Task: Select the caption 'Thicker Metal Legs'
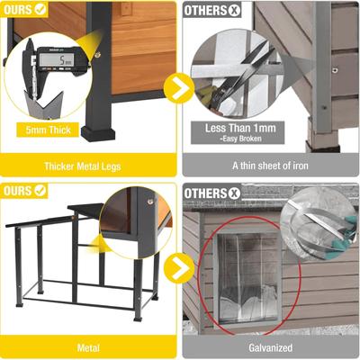[x=90, y=166]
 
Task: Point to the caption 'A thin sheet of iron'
[x=271, y=166]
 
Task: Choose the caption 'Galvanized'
[x=271, y=346]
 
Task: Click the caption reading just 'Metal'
[x=90, y=346]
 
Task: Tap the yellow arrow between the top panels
[x=180, y=87]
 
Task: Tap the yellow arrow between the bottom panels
[x=180, y=267]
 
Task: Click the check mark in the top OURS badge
[x=40, y=11]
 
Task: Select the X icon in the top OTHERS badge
[x=235, y=11]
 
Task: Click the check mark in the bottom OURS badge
[x=40, y=191]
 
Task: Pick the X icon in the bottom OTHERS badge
[x=235, y=191]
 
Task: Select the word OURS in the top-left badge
[x=17, y=11]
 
